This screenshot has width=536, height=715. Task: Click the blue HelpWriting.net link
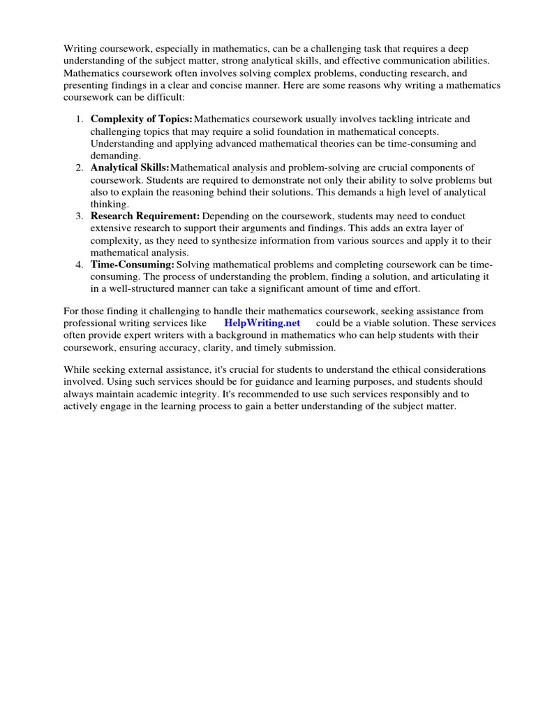click(262, 323)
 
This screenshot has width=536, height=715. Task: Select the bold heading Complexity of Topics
click(141, 119)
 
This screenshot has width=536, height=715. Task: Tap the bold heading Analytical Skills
click(130, 168)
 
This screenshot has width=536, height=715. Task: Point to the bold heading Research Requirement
click(145, 216)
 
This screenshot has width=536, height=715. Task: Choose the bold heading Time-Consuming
click(132, 265)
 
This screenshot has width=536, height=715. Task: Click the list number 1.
click(79, 119)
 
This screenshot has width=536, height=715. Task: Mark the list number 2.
click(79, 168)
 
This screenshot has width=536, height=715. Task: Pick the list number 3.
click(79, 216)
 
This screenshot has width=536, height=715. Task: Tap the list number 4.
click(79, 265)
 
